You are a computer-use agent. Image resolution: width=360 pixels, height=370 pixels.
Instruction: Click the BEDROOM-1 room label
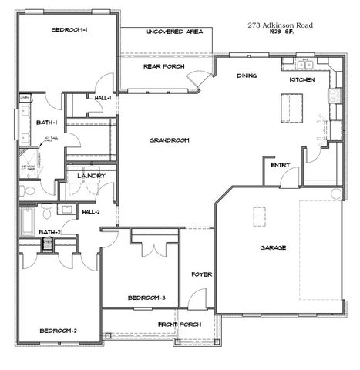69,29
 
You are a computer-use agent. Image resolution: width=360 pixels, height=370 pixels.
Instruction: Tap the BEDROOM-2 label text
59,331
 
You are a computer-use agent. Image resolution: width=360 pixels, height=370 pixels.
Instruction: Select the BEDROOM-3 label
146,298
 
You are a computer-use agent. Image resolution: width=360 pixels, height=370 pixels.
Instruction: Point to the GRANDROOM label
170,140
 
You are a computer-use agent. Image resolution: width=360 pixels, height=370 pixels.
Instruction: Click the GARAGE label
273,247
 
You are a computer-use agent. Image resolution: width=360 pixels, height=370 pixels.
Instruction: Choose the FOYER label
202,274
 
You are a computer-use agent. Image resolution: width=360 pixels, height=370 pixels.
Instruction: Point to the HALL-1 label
103,98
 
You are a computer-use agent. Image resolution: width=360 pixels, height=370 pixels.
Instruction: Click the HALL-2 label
91,210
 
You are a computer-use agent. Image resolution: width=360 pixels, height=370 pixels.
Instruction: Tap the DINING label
247,76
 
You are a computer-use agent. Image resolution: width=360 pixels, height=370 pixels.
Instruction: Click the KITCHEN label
301,80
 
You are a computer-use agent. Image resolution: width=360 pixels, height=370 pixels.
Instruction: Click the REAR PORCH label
163,66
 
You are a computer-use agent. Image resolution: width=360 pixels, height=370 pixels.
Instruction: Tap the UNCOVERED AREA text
173,32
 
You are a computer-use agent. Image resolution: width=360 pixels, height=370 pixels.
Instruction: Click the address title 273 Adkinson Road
281,25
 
